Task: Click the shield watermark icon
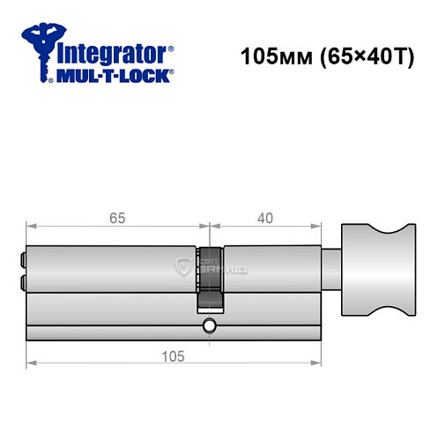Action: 183,265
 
